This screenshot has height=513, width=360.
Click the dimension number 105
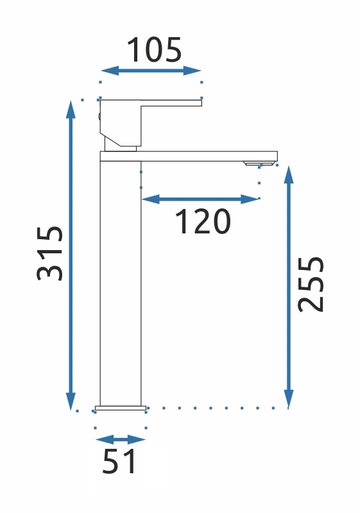[x=154, y=50]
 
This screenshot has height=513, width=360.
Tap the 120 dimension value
[x=203, y=221]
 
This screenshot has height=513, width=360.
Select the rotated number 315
[x=49, y=253]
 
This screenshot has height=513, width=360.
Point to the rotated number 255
[x=311, y=284]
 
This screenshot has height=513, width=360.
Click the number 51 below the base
[x=119, y=461]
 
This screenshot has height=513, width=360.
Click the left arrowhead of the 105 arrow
[x=110, y=71]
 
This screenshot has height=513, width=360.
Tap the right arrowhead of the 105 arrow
[x=192, y=71]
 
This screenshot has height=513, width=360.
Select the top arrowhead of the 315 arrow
[x=71, y=109]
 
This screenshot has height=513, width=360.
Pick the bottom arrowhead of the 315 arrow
[x=71, y=401]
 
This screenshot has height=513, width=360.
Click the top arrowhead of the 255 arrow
[x=288, y=174]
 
